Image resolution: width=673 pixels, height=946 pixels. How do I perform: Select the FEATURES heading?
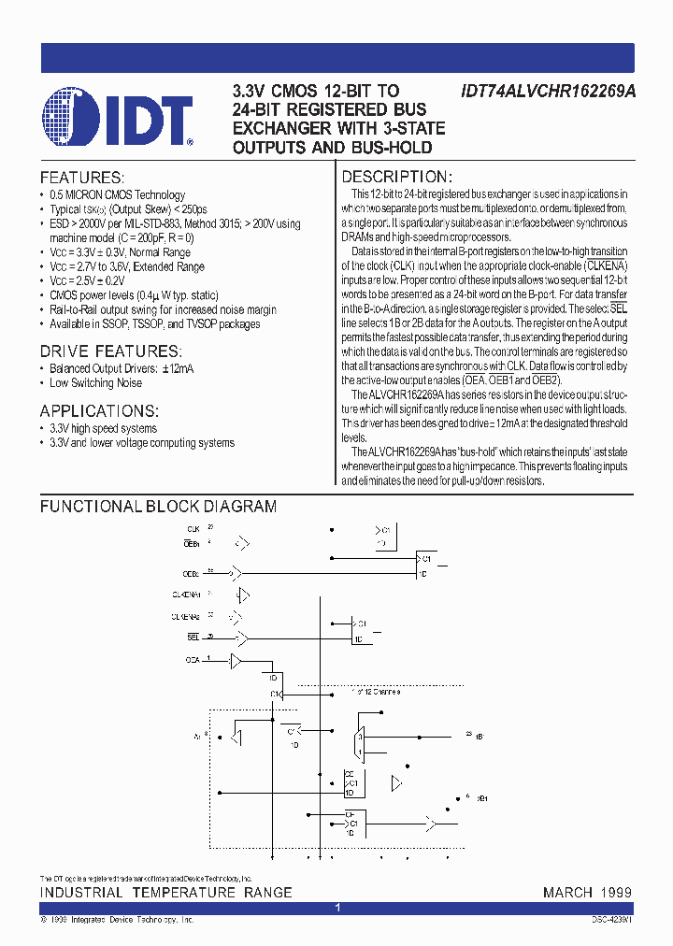tap(81, 177)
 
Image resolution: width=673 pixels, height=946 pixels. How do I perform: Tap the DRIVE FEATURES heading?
tap(109, 351)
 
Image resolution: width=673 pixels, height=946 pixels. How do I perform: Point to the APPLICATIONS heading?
tap(99, 410)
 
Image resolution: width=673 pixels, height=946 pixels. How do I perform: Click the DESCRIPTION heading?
tap(397, 177)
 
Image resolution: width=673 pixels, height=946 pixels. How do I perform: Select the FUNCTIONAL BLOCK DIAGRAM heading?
tap(158, 507)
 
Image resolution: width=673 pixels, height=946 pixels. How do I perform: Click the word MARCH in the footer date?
tap(567, 893)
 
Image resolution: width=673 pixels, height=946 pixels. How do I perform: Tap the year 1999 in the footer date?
tap(615, 893)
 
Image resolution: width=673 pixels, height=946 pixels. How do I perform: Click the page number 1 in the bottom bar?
tap(337, 908)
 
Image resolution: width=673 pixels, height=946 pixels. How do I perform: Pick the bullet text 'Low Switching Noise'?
tap(95, 383)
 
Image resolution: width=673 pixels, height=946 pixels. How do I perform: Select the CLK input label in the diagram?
tap(192, 528)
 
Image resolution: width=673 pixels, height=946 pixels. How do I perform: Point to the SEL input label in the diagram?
tap(193, 637)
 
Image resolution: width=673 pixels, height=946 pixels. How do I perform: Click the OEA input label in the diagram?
tap(193, 660)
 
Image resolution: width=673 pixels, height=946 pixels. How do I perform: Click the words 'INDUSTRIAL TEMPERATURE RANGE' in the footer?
tap(165, 893)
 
